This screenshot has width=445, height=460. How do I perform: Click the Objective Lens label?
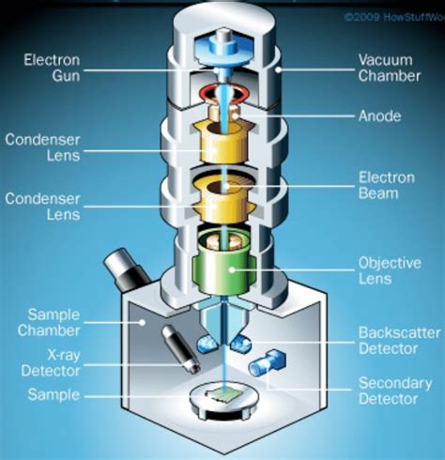point(386,270)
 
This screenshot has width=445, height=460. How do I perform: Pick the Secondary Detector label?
point(387,391)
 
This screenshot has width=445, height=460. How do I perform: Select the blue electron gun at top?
point(223,47)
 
